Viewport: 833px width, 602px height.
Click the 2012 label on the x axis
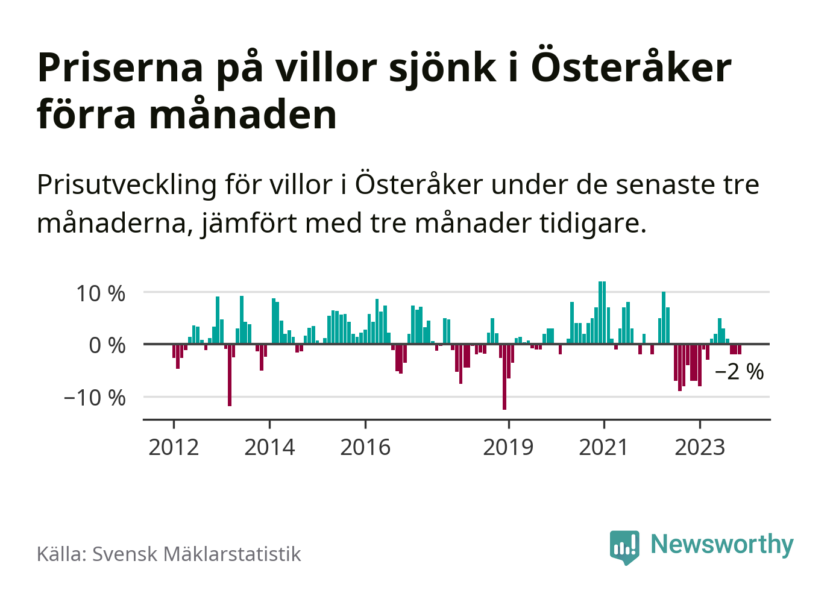[x=174, y=447]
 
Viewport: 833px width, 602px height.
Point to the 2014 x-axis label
[x=269, y=447]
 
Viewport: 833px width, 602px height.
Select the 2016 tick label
[x=365, y=447]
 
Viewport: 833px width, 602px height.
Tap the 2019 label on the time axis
[x=508, y=447]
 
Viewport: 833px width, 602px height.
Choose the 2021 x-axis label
[x=603, y=447]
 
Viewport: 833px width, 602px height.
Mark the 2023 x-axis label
[x=699, y=447]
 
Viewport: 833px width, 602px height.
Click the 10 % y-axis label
[x=101, y=294]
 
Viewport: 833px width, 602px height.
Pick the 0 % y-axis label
[x=107, y=346]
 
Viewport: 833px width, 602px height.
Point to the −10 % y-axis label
[x=95, y=398]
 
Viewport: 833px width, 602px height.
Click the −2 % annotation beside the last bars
[x=739, y=372]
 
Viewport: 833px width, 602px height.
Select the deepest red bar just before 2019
[x=505, y=377]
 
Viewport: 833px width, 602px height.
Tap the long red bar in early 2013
[x=230, y=375]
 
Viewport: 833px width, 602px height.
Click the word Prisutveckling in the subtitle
[x=127, y=184]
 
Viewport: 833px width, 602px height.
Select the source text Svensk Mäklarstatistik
[x=196, y=554]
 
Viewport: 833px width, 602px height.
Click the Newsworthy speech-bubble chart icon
[x=624, y=547]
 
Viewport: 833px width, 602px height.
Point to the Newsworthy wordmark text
[x=722, y=544]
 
